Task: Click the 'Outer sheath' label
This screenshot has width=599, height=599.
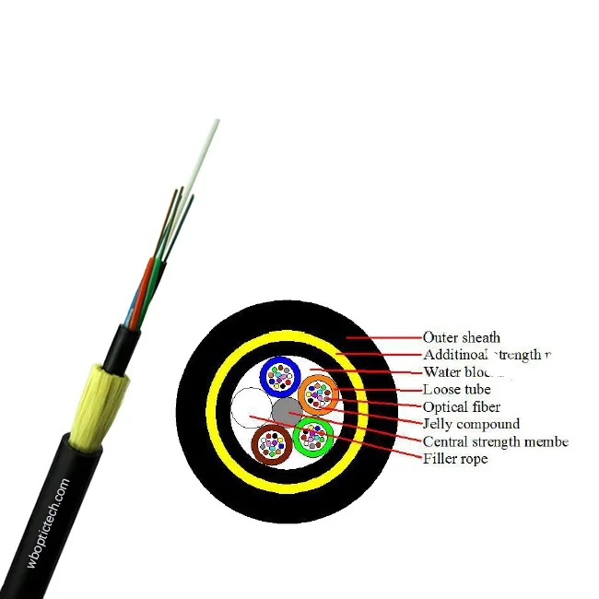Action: (461, 337)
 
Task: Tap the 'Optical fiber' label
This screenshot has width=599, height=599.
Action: (461, 406)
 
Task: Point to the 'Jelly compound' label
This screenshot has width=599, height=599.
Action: (471, 424)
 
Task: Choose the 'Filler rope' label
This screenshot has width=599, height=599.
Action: (455, 458)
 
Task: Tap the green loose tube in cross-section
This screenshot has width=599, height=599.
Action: (313, 436)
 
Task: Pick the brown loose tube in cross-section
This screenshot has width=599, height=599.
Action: (271, 445)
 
